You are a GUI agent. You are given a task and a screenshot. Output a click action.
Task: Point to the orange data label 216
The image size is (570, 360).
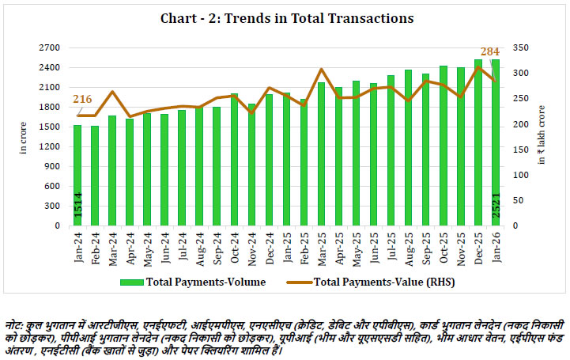(x=83, y=99)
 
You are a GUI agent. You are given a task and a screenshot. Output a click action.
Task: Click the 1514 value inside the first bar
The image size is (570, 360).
(x=77, y=210)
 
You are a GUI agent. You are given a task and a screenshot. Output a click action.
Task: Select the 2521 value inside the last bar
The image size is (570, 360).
(x=496, y=210)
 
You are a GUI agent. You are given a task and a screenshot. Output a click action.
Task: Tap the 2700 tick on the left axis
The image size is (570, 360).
(x=51, y=47)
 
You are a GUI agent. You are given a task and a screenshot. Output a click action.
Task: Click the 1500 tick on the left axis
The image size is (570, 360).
(x=51, y=127)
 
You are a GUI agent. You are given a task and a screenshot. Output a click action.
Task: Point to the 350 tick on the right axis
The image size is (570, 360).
(x=519, y=47)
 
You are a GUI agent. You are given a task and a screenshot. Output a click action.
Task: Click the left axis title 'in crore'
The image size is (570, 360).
(x=24, y=136)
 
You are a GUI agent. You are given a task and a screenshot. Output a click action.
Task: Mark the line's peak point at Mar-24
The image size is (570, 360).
(x=112, y=92)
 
